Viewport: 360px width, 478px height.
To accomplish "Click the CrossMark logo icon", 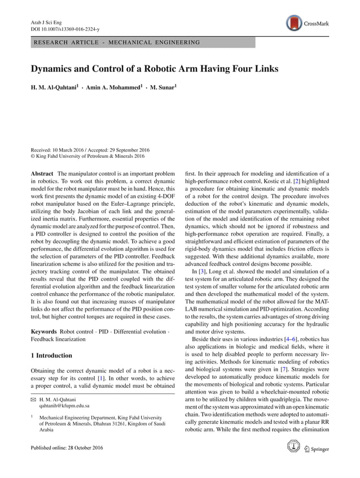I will [293, 23].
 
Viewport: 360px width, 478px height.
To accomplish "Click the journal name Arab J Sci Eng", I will [45, 21].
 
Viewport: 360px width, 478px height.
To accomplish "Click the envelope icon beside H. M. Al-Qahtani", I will [33, 399].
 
